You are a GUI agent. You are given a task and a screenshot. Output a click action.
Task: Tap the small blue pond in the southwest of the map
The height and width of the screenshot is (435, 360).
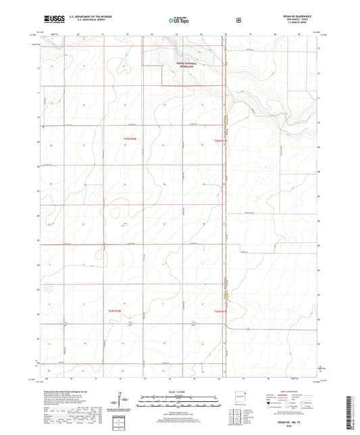point(47,288)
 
